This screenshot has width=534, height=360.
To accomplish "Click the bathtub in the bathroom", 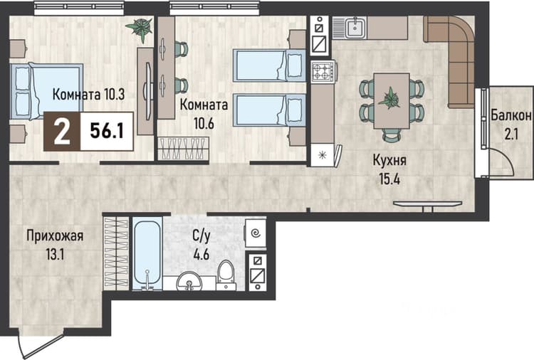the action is (x=147, y=253).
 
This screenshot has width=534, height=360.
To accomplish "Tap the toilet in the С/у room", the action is (x=226, y=275).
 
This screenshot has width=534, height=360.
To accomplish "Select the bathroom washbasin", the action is (x=189, y=281).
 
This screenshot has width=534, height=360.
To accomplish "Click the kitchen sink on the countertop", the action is (x=355, y=28).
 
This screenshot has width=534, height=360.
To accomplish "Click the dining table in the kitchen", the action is (x=392, y=101).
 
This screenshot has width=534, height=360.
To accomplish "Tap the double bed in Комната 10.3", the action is (x=46, y=91).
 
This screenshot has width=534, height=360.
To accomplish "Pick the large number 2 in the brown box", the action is (x=62, y=132).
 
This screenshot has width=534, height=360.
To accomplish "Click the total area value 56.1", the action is (x=107, y=132).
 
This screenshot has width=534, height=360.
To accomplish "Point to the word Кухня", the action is (x=389, y=160).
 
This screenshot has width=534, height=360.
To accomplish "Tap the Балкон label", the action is (x=511, y=116).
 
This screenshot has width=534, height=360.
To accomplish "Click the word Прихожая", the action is (x=55, y=235).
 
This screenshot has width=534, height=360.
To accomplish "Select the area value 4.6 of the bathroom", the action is (x=201, y=254).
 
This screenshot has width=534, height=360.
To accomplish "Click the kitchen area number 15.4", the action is (x=389, y=179).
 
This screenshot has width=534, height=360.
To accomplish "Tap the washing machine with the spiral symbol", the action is (x=256, y=234).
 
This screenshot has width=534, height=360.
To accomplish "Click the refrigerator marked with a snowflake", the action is (x=322, y=155).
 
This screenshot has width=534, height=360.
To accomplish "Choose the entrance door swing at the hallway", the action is (x=39, y=345).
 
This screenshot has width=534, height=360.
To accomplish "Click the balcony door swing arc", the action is (x=506, y=159).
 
